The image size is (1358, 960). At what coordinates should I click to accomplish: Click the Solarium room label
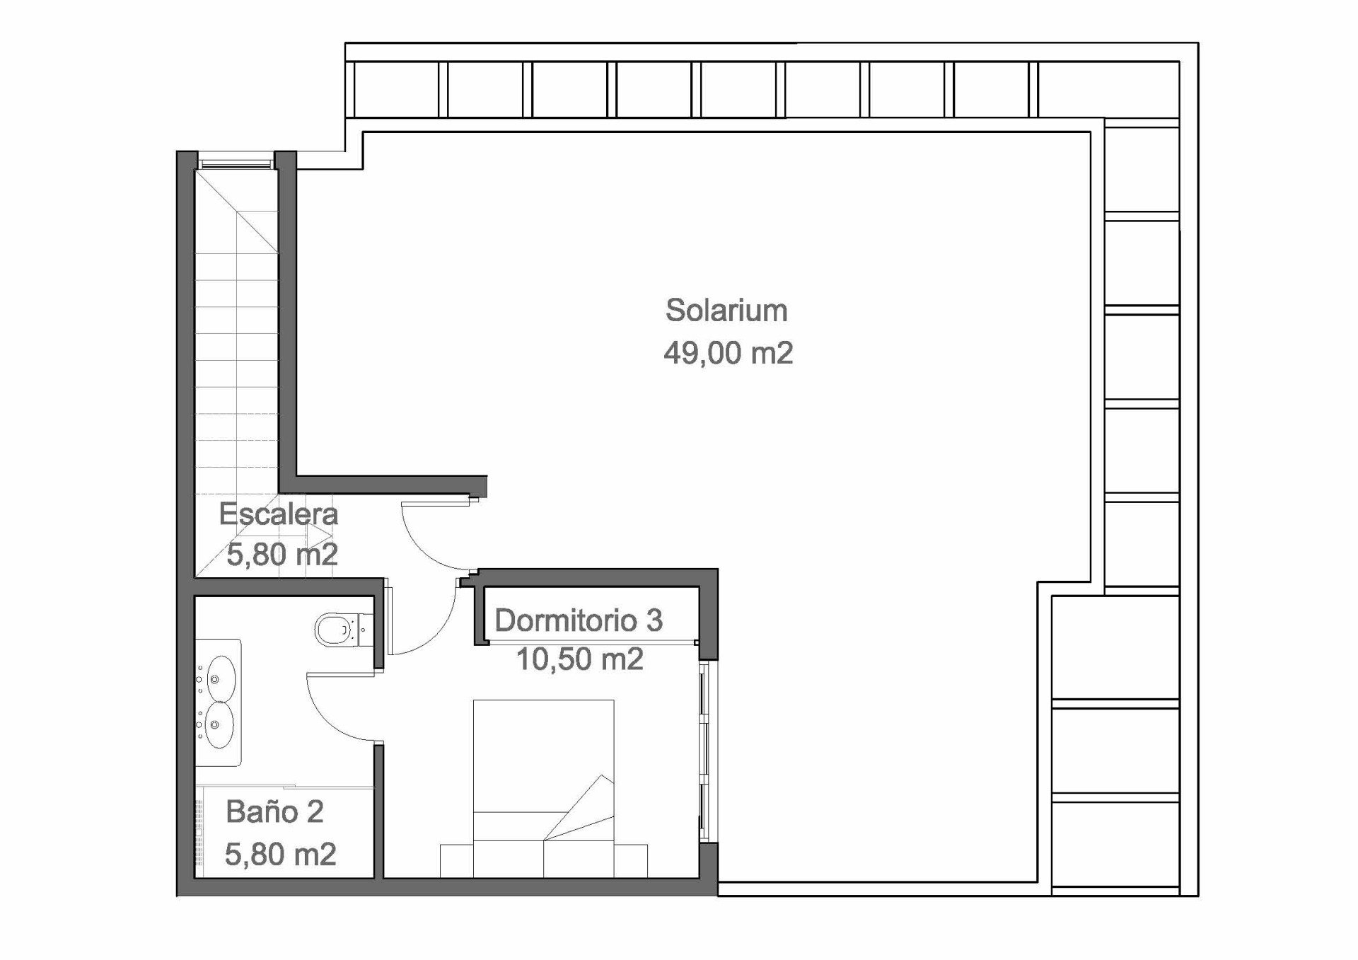tap(726, 311)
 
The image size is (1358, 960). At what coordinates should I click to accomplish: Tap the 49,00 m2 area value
tap(728, 353)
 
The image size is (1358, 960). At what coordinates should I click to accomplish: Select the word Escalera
tap(279, 514)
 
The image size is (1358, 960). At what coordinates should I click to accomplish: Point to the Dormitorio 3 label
tap(579, 620)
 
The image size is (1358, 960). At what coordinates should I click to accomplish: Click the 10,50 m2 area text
tap(580, 659)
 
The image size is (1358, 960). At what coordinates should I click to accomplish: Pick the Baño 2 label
tap(274, 811)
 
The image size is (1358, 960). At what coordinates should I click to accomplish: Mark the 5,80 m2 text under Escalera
tap(282, 554)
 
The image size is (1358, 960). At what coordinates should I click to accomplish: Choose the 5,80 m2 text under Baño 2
tap(280, 855)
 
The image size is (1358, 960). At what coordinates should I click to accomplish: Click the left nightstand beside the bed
tap(456, 861)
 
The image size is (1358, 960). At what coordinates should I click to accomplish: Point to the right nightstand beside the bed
tap(631, 861)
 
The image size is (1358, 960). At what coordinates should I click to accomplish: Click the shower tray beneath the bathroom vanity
tap(284, 832)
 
